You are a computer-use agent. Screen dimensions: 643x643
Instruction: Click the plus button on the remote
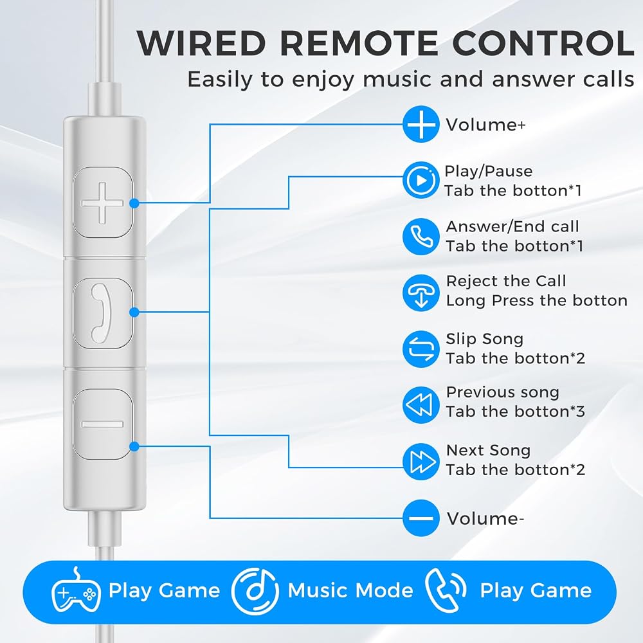pyautogui.click(x=103, y=203)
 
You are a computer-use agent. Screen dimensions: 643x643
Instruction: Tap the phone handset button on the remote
pyautogui.click(x=103, y=313)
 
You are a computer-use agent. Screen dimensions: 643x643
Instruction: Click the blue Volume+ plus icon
pyautogui.click(x=421, y=124)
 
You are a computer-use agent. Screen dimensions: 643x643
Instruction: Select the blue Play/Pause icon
pyautogui.click(x=421, y=180)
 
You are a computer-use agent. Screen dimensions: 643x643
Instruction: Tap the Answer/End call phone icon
pyautogui.click(x=421, y=236)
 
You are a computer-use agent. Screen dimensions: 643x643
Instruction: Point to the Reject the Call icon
pyautogui.click(x=421, y=293)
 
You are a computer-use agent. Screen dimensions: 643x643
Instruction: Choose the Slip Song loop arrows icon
pyautogui.click(x=421, y=349)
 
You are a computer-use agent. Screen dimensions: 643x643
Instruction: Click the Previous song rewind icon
pyautogui.click(x=421, y=404)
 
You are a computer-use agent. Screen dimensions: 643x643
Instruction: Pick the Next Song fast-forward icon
pyautogui.click(x=421, y=461)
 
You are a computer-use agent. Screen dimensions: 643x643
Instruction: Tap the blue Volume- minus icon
pyautogui.click(x=421, y=518)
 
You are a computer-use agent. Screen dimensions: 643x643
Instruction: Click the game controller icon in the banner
pyautogui.click(x=77, y=590)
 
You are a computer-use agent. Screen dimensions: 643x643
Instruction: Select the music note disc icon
pyautogui.click(x=255, y=591)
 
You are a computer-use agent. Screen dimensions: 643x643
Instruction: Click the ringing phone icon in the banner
pyautogui.click(x=446, y=590)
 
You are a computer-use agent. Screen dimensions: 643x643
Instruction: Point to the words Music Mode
pyautogui.click(x=350, y=590)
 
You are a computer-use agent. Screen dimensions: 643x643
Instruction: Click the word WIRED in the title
pyautogui.click(x=201, y=43)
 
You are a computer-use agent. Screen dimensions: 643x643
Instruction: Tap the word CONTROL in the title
pyautogui.click(x=543, y=43)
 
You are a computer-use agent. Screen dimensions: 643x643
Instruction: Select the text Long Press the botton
pyautogui.click(x=537, y=300)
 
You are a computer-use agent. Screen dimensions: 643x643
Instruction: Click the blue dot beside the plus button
pyautogui.click(x=134, y=203)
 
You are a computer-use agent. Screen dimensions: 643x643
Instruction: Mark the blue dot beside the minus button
pyautogui.click(x=134, y=446)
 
